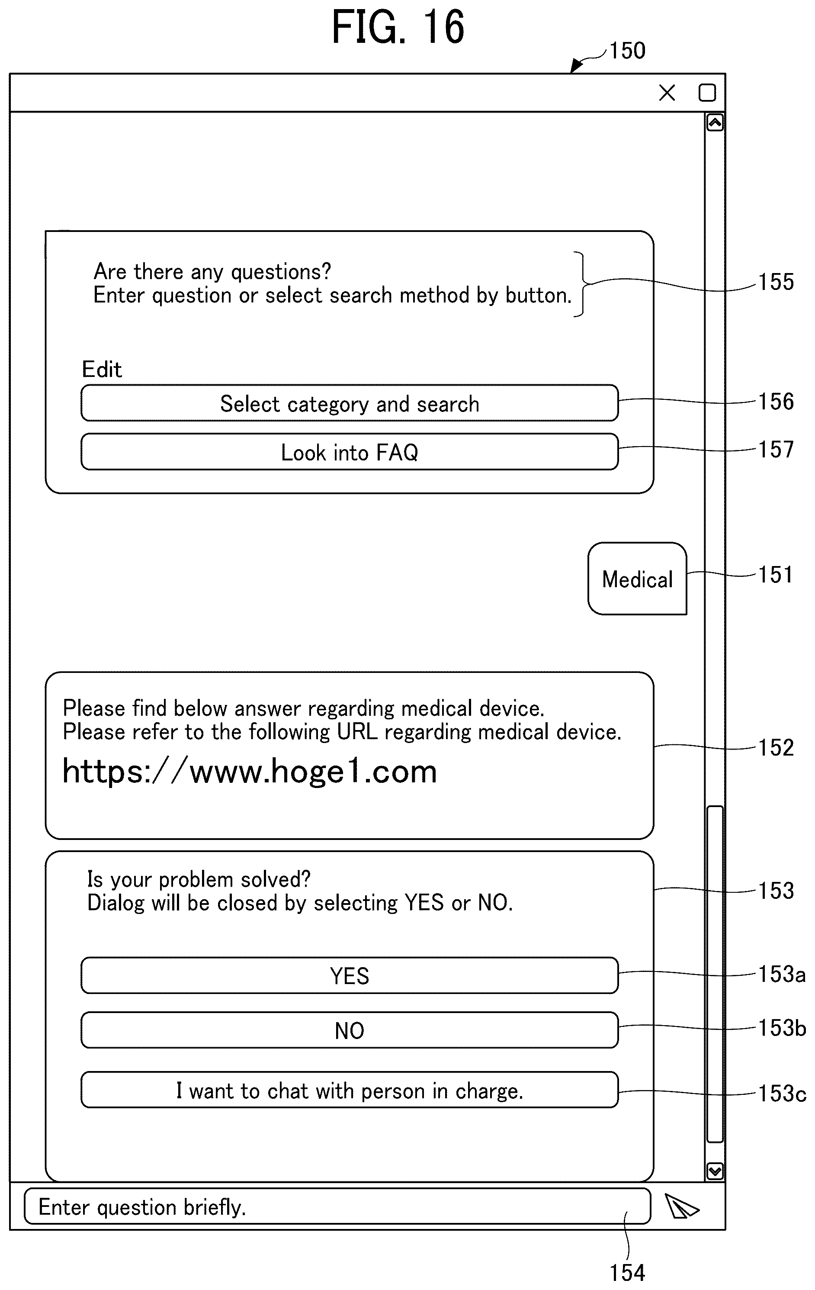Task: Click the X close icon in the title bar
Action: (667, 93)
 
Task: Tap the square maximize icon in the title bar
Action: (707, 93)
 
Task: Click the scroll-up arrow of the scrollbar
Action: (714, 122)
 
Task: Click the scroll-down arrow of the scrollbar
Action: (714, 1171)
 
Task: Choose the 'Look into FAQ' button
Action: (349, 452)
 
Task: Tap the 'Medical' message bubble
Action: (637, 579)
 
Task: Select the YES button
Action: (349, 975)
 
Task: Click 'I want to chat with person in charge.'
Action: (349, 1090)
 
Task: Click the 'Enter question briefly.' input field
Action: (337, 1206)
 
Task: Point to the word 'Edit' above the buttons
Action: (102, 369)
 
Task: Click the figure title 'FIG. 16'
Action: (398, 27)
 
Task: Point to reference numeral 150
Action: (627, 50)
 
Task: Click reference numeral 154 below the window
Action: (627, 1273)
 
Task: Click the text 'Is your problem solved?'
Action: (199, 880)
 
